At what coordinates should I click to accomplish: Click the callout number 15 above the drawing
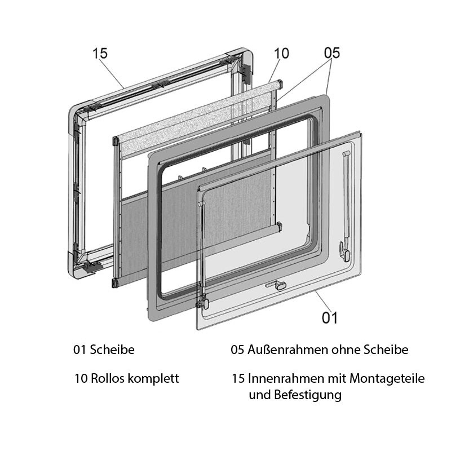[x=100, y=53]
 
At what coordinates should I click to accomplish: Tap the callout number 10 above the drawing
[x=281, y=54]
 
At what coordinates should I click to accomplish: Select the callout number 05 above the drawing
[x=332, y=53]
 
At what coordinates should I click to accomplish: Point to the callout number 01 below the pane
[x=330, y=318]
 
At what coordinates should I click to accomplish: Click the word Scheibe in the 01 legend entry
[x=112, y=350]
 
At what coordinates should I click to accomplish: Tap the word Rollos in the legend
[x=107, y=378]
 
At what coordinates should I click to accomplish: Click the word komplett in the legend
[x=153, y=379]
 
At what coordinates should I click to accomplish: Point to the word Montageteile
[x=387, y=379]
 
